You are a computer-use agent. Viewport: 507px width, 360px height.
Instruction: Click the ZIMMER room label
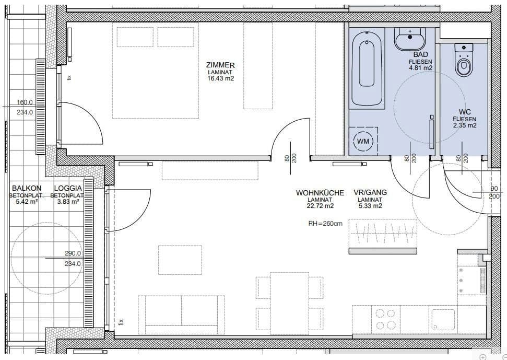pyautogui.click(x=221, y=65)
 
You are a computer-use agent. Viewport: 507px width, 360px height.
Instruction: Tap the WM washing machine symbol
pyautogui.click(x=362, y=141)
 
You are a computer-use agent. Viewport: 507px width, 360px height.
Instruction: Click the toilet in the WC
pyautogui.click(x=463, y=60)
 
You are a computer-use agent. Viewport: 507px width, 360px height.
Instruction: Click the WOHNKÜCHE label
pyautogui.click(x=320, y=193)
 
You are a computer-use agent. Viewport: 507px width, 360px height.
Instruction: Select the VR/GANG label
pyautogui.click(x=370, y=193)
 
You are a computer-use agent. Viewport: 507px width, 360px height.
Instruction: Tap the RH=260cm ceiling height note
pyautogui.click(x=325, y=224)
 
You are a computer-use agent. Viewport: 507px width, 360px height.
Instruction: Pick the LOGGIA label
pyautogui.click(x=68, y=189)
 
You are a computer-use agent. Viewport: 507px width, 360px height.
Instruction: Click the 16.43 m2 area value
pyautogui.click(x=221, y=78)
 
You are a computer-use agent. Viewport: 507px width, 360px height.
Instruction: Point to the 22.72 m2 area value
pyautogui.click(x=320, y=206)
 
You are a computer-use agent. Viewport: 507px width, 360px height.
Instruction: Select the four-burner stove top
pyautogui.click(x=385, y=319)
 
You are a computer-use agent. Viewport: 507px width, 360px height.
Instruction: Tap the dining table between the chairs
pyautogui.click(x=289, y=301)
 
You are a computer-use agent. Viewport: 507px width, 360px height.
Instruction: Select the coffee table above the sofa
pyautogui.click(x=181, y=260)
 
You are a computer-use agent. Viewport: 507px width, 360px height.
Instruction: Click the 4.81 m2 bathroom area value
pyautogui.click(x=420, y=68)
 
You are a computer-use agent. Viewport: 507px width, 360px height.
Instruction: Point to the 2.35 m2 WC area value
pyautogui.click(x=464, y=125)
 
